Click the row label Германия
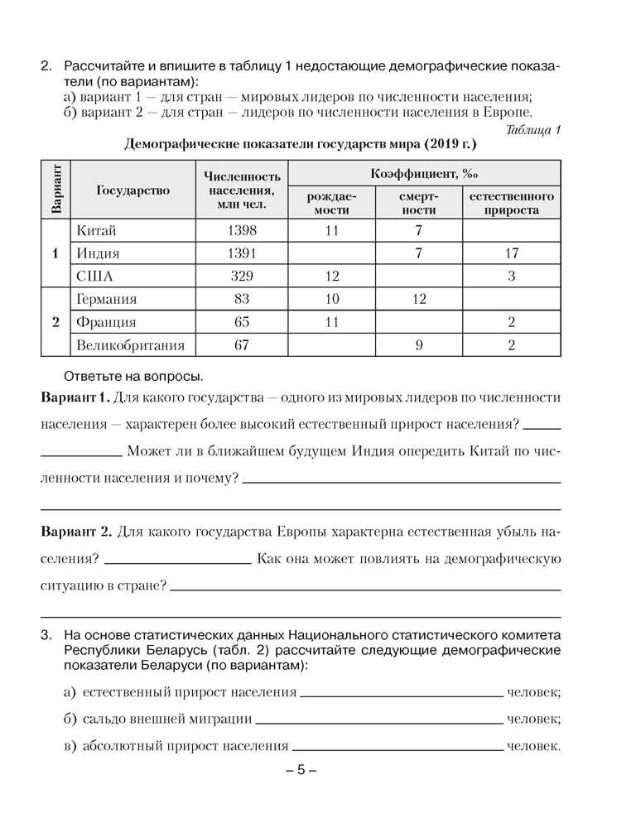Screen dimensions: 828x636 tap(106, 300)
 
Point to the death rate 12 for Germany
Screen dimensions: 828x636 tap(419, 300)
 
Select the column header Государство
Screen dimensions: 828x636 tap(132, 190)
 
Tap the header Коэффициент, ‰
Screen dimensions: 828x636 tap(426, 174)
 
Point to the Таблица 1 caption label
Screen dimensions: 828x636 tap(532, 129)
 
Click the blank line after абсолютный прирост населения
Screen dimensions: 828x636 tap(397, 748)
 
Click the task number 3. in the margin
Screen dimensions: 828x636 tap(46, 635)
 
